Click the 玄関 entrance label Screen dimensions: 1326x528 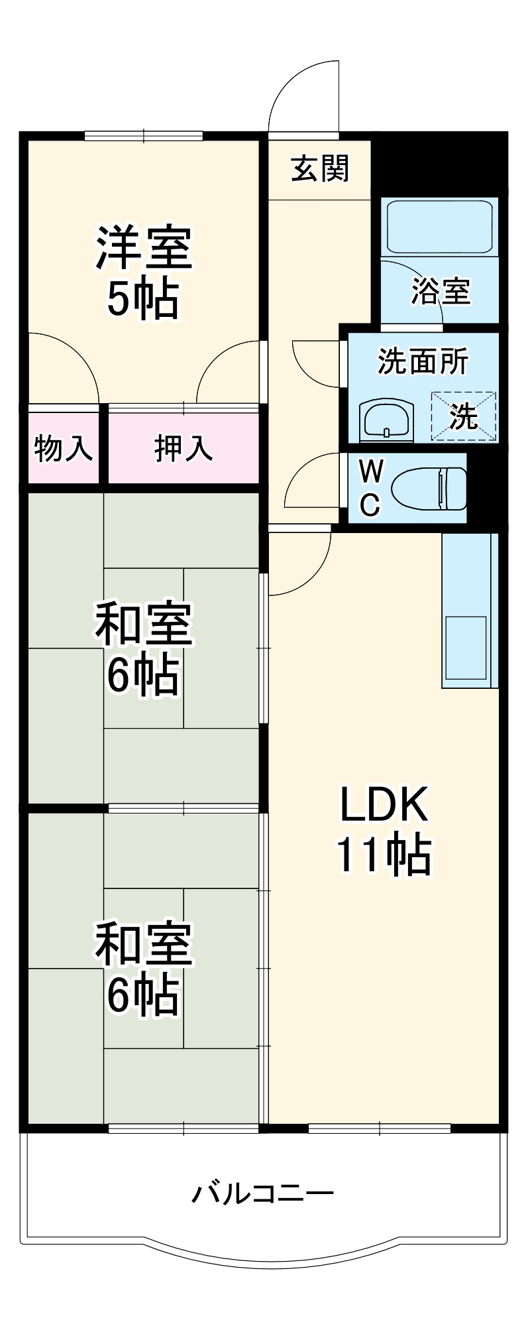(x=320, y=169)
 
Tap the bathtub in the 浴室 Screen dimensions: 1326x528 (x=439, y=226)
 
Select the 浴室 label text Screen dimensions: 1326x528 (x=441, y=290)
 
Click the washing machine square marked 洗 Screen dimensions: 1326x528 (x=464, y=416)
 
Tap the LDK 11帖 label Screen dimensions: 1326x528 (x=384, y=829)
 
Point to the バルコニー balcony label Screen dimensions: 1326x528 (x=263, y=1194)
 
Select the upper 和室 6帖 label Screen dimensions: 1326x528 (x=143, y=648)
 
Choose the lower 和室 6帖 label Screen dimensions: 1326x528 (x=143, y=968)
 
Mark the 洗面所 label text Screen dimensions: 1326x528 (x=423, y=361)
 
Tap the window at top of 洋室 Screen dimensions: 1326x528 (x=143, y=136)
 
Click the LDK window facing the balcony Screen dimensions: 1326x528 (x=379, y=1128)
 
